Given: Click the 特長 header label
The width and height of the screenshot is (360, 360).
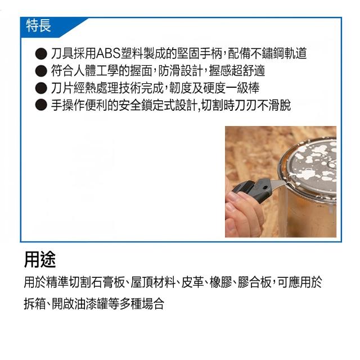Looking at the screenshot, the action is coord(38,25).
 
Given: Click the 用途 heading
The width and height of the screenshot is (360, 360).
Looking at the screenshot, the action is coord(40,260).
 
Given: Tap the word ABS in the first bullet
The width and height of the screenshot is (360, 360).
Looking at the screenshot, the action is coord(109,53).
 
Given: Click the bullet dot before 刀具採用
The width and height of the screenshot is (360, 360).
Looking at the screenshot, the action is coord(41,54).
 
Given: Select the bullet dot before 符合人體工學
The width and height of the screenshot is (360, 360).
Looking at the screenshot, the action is coord(41,71).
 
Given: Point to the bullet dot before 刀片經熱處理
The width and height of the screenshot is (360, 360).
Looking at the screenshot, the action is coord(41,88).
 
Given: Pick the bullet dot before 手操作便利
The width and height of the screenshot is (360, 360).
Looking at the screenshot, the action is coord(41,105).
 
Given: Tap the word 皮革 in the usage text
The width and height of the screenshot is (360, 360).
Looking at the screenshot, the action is coord(192,282).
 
